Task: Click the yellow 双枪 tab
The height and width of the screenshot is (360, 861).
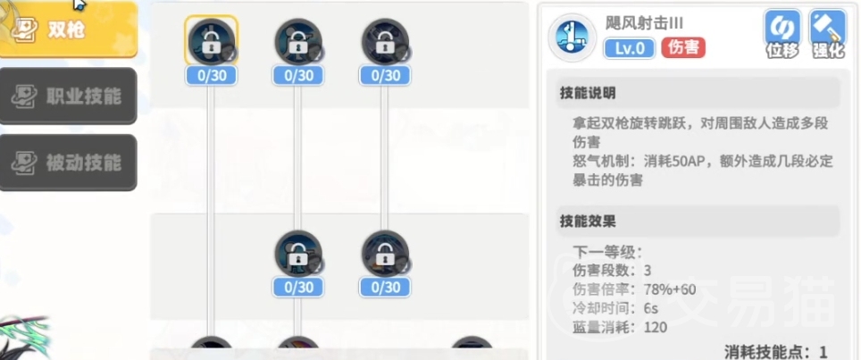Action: pos(68,29)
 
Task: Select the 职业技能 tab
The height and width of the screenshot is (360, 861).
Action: pos(68,96)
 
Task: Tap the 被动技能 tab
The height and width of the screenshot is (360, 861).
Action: pos(68,163)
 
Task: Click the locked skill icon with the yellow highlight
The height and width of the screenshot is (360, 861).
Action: pos(211,41)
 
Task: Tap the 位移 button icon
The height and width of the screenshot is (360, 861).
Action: pos(782,33)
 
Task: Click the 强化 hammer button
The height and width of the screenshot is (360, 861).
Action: pos(828,33)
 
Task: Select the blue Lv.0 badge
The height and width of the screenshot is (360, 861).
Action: pos(630,48)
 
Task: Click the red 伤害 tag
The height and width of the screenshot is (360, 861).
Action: pos(683,47)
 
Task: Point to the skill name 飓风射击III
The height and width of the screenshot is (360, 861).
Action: pos(644,23)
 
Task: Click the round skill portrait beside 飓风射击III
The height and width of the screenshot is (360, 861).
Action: pos(573,38)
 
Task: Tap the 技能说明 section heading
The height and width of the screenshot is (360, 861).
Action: pos(588,93)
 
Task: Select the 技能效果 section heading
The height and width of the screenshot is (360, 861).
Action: pos(588,222)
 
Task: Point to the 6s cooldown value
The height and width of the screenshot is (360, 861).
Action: pos(651,308)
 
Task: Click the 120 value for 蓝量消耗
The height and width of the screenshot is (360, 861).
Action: pos(656,328)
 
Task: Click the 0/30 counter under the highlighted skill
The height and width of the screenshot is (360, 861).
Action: pos(212,76)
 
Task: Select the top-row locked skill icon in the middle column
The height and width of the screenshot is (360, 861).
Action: pos(298,41)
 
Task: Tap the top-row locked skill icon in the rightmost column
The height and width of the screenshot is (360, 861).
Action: pos(385,41)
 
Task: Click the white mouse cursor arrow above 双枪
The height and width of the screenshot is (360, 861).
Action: pos(79,4)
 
